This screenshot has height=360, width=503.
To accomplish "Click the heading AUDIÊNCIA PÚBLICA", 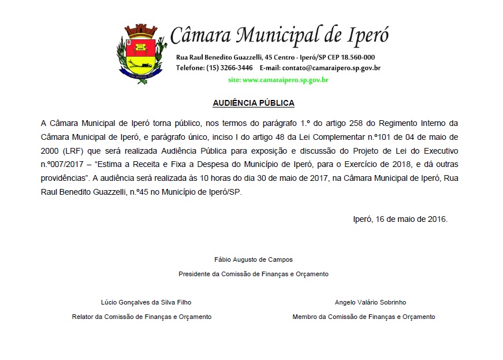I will tap(254, 103).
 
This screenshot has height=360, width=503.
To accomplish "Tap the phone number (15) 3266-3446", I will tap(229, 68).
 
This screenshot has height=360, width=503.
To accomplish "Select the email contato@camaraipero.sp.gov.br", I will tap(331, 68).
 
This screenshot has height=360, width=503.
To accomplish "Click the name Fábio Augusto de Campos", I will tap(254, 259).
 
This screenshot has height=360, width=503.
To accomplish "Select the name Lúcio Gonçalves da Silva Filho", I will tap(146, 302).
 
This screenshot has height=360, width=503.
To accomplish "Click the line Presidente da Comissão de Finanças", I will tap(254, 274).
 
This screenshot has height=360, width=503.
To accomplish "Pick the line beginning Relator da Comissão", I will tap(141, 317).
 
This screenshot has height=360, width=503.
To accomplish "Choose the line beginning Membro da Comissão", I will tap(364, 317).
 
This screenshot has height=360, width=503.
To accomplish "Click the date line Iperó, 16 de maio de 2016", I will tap(400, 220).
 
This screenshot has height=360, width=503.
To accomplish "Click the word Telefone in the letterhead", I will tap(190, 68).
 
